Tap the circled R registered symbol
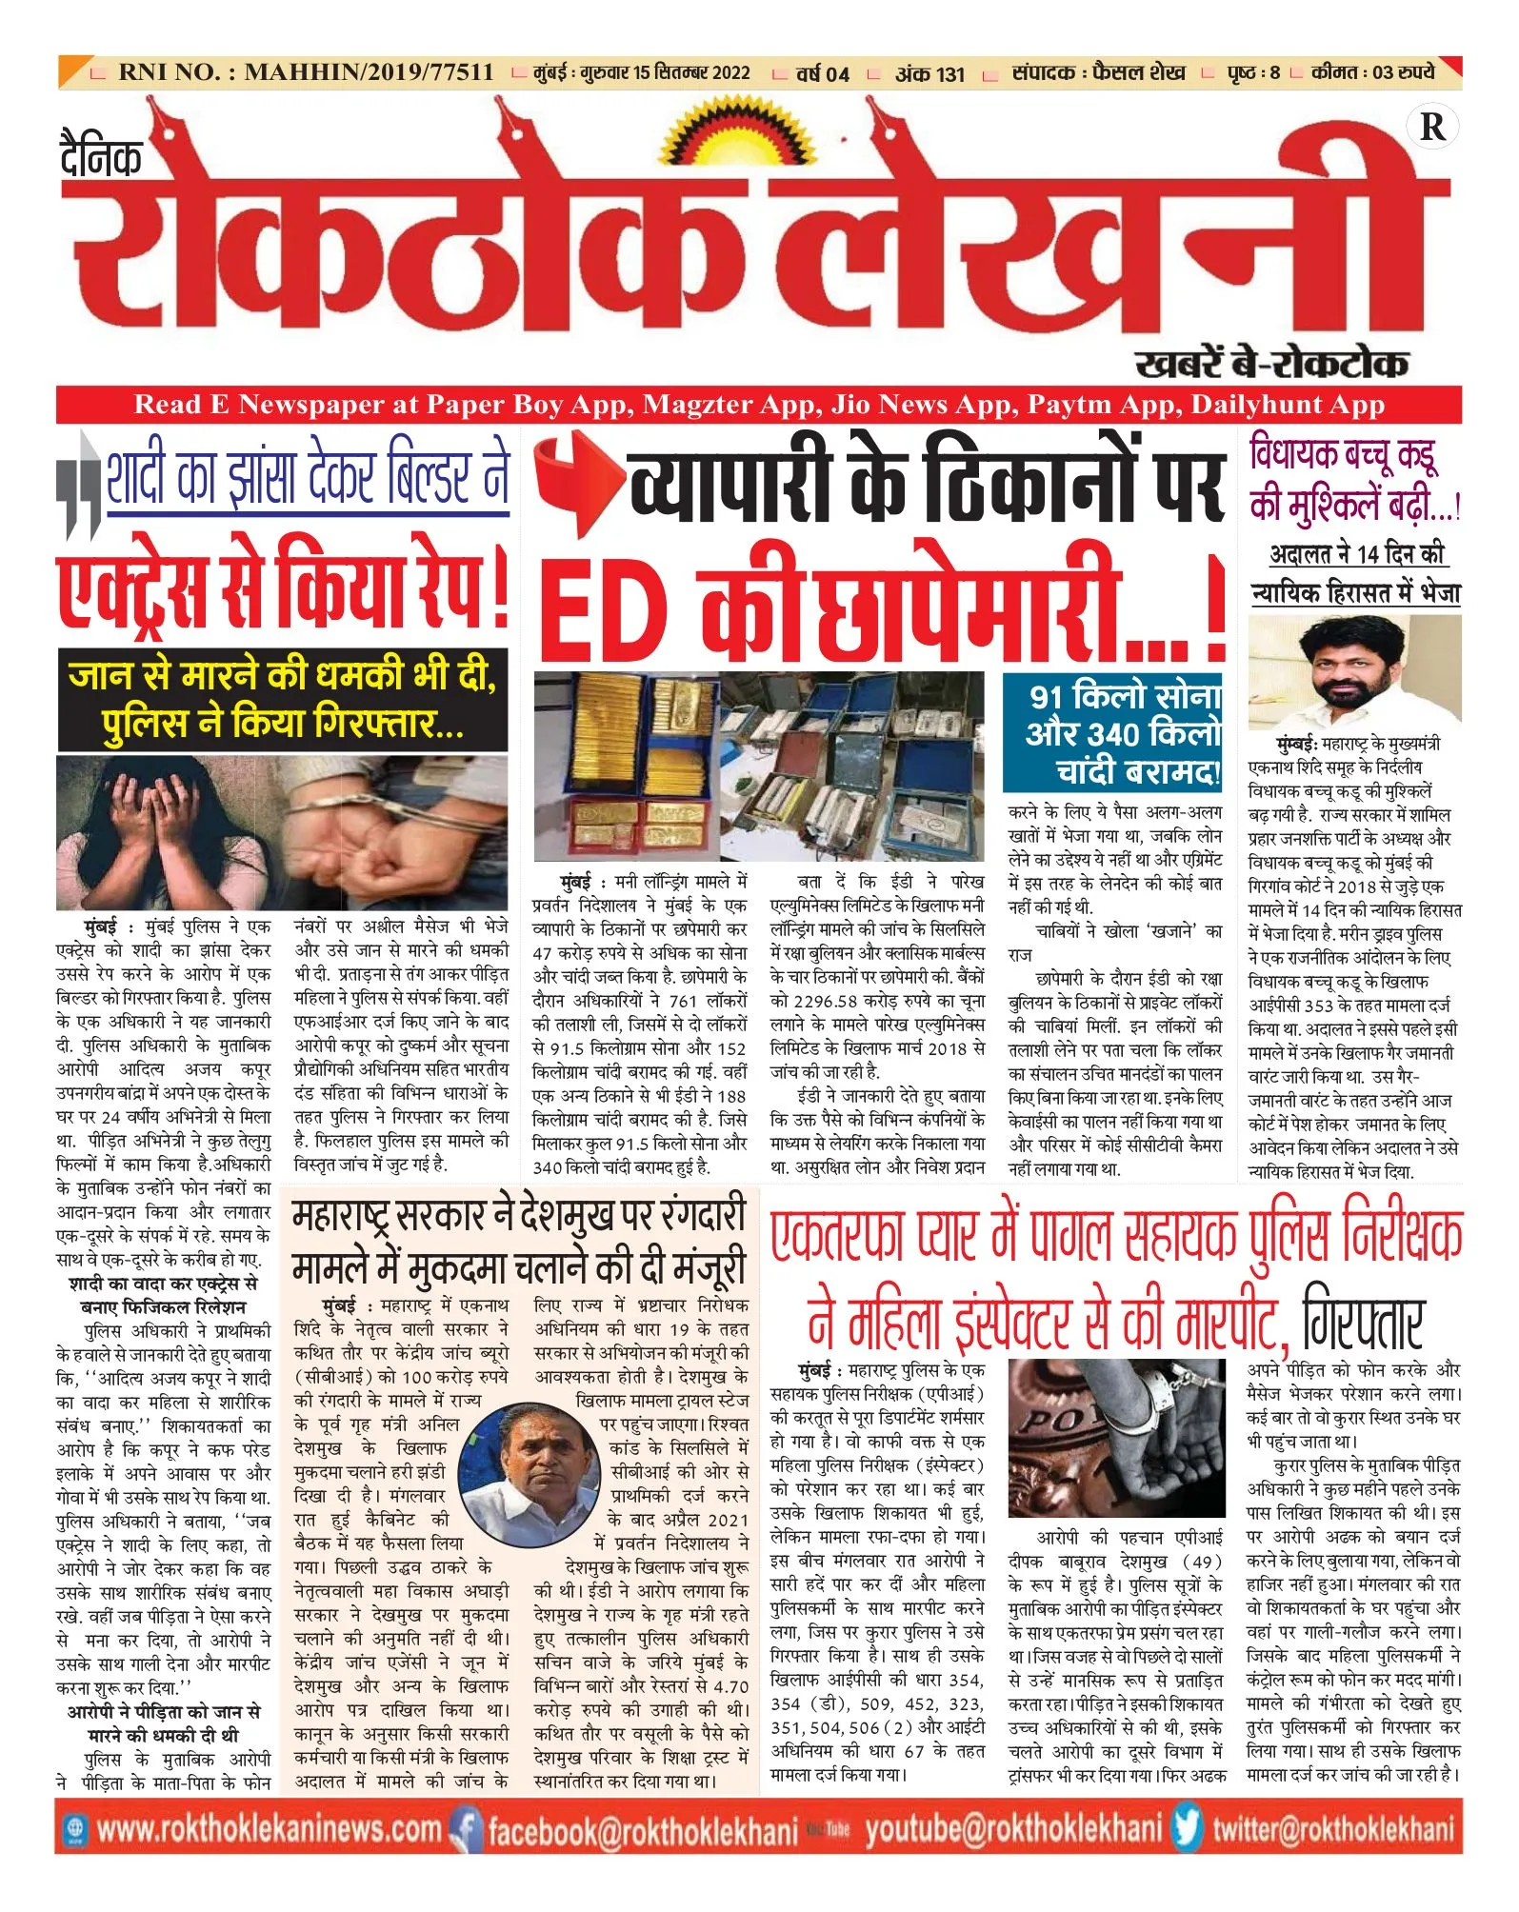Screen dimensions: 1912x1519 (1431, 127)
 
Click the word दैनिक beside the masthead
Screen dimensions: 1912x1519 (101, 157)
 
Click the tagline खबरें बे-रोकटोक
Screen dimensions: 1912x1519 (1270, 363)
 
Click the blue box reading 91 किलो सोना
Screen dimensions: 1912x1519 (1112, 732)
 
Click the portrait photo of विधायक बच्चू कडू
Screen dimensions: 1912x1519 (1353, 670)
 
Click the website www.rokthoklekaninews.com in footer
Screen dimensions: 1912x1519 (269, 1829)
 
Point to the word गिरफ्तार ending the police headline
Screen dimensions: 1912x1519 (1362, 1320)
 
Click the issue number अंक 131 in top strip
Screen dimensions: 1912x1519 (929, 73)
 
